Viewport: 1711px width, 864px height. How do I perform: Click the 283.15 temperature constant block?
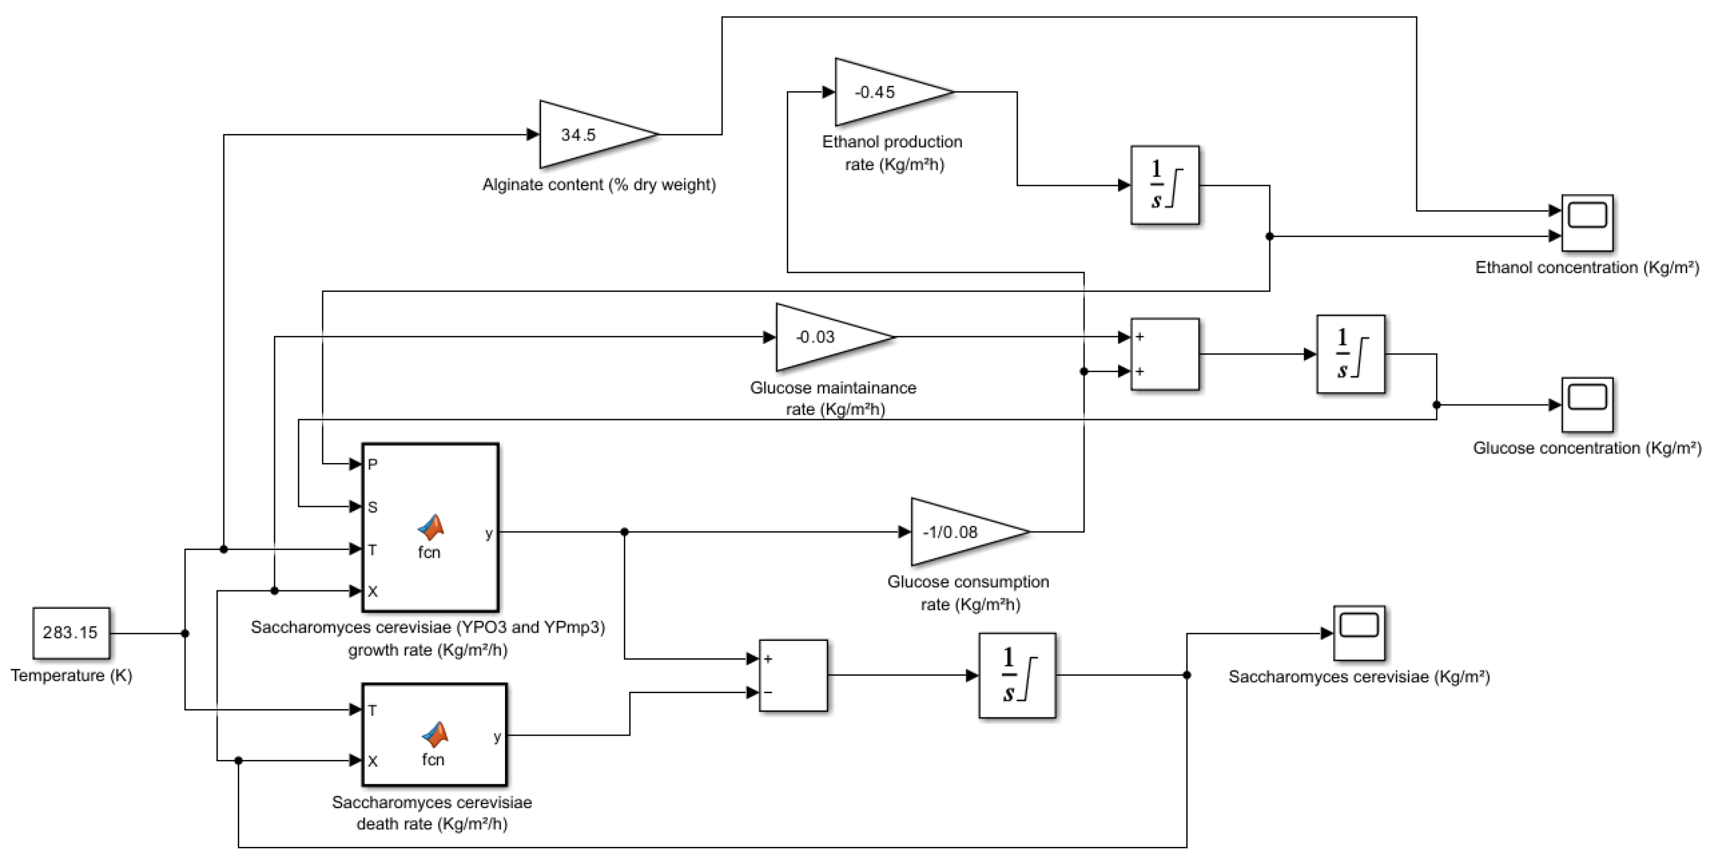pyautogui.click(x=71, y=633)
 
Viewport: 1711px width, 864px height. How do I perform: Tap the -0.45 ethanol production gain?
pyautogui.click(x=883, y=93)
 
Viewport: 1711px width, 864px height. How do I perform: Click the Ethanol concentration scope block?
pyautogui.click(x=1587, y=222)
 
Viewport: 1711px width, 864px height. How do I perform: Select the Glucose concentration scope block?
pyautogui.click(x=1587, y=405)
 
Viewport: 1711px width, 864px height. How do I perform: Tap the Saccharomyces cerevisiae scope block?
pyautogui.click(x=1359, y=633)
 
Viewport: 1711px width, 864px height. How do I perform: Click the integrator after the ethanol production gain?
pyautogui.click(x=1165, y=185)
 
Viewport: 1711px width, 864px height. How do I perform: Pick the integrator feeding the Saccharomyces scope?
pyautogui.click(x=1017, y=675)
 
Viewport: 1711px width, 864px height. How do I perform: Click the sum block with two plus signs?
pyautogui.click(x=1165, y=354)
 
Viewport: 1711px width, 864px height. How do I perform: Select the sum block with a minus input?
pyautogui.click(x=793, y=675)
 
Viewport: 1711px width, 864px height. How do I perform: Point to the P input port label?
pyautogui.click(x=373, y=465)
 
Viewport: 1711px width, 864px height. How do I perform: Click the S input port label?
pyautogui.click(x=373, y=507)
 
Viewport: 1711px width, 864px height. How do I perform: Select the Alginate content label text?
pyautogui.click(x=599, y=185)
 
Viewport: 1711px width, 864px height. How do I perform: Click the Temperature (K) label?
pyautogui.click(x=71, y=675)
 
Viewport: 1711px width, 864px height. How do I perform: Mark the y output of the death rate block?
pyautogui.click(x=497, y=736)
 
